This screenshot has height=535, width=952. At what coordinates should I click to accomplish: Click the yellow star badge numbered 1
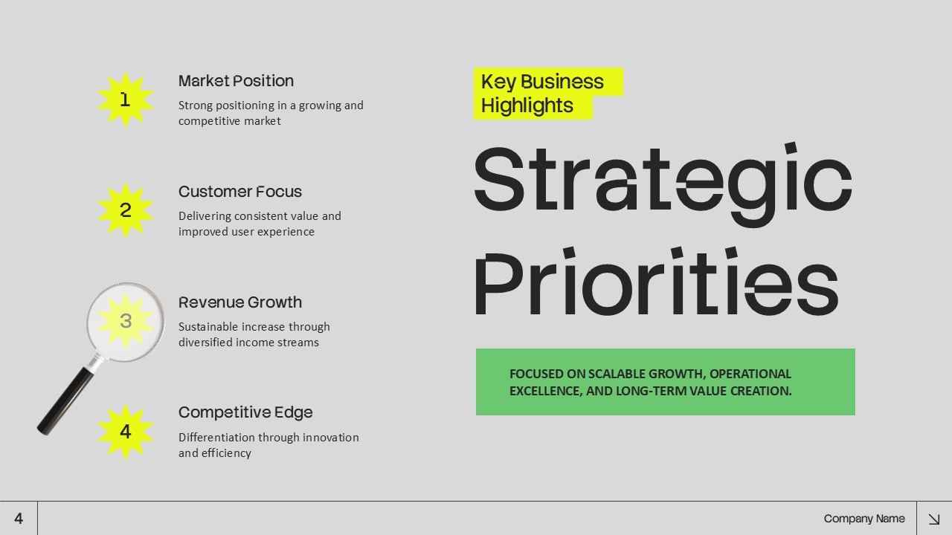125,100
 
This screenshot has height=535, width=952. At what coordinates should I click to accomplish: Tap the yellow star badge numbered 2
125,210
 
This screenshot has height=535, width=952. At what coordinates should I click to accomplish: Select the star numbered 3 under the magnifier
126,321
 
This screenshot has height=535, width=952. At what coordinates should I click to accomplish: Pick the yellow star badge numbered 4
125,432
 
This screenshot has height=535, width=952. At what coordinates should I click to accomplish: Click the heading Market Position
236,81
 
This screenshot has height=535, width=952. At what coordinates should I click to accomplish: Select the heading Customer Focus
239,192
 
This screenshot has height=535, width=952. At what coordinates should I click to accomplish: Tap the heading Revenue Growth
239,302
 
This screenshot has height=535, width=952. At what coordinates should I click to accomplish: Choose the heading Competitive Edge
245,412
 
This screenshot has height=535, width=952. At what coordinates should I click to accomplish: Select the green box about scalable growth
665,382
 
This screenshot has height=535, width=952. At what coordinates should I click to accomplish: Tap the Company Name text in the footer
864,519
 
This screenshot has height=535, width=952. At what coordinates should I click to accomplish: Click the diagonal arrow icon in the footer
934,519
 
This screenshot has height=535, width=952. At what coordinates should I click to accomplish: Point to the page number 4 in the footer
19,519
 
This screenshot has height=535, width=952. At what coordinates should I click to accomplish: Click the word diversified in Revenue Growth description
205,343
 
